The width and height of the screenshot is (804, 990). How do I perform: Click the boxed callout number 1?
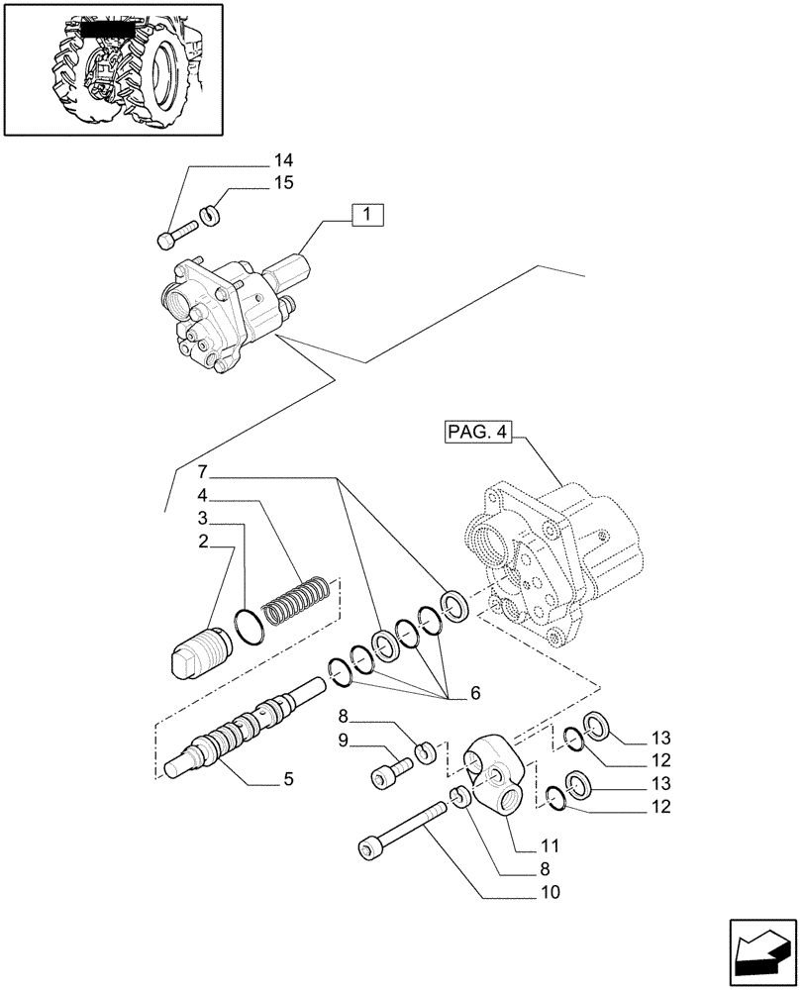click(367, 215)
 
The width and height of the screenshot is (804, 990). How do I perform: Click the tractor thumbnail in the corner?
click(111, 68)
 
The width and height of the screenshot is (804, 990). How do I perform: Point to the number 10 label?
click(551, 893)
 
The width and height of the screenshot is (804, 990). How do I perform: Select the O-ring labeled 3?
click(250, 627)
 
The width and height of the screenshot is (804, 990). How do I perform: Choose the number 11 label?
click(551, 846)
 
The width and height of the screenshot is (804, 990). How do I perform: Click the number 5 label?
click(288, 779)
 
